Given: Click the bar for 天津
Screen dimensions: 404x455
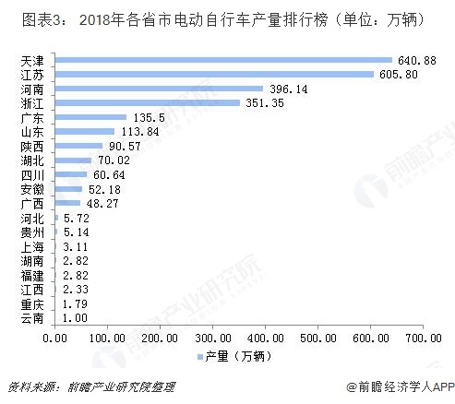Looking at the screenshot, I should (223, 60).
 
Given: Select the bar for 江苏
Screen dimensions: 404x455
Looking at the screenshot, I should (214, 74).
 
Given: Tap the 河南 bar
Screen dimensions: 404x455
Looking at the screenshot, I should (159, 89).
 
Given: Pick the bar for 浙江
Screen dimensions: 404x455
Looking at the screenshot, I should (147, 103).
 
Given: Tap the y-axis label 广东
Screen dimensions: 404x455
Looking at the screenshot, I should (30, 117).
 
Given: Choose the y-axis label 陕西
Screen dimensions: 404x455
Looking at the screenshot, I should (30, 146).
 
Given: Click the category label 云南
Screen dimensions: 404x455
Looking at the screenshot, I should (30, 319).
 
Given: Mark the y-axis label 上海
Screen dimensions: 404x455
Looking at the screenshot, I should (30, 247).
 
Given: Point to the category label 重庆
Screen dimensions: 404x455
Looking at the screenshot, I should (30, 304).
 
